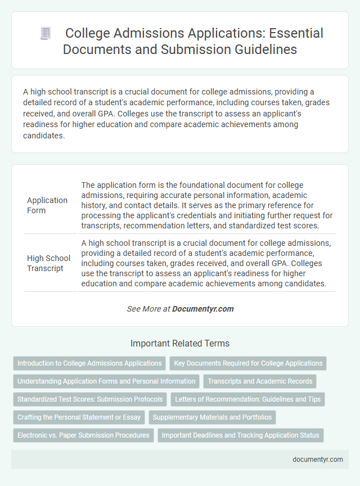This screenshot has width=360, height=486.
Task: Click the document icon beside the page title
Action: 45,33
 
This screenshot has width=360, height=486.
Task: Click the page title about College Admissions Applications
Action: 193,40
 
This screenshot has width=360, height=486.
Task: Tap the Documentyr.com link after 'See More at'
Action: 203,309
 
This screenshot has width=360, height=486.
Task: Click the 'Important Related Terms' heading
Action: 180,343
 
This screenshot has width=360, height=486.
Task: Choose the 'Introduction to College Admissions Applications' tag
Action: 89,363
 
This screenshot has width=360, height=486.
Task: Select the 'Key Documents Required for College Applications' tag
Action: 248,363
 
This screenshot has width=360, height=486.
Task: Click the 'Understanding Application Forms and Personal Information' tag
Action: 106,381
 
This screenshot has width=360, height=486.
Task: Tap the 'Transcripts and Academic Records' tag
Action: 260,381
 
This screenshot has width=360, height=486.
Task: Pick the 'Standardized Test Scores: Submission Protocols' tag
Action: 90,399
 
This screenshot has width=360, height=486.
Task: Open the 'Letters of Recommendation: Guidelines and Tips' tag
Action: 247,399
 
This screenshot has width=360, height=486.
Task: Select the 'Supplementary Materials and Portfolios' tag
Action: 212,417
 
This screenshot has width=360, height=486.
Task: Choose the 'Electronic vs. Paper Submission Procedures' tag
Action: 83,435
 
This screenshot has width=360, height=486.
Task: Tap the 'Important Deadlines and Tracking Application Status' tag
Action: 241,435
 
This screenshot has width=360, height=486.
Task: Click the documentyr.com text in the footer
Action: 318,459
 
